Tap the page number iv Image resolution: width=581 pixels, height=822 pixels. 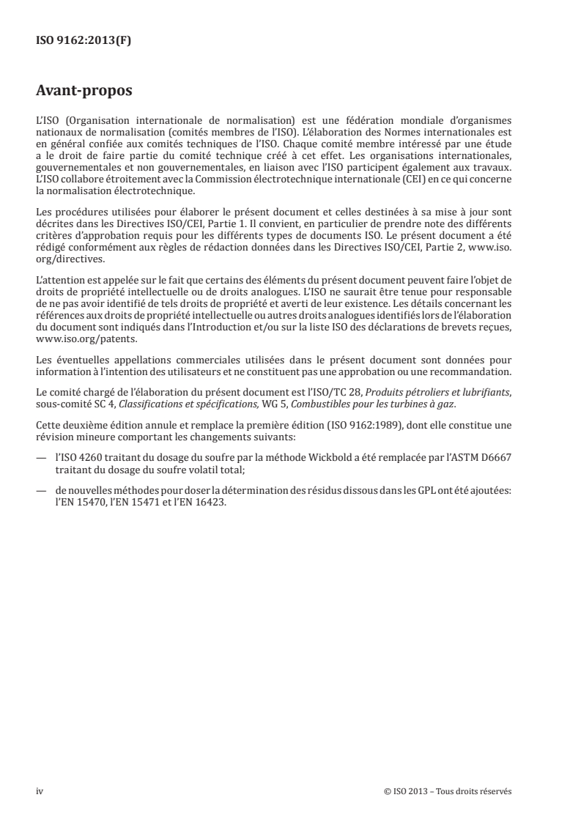(x=40, y=790)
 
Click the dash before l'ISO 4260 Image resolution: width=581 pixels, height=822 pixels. (x=40, y=475)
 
